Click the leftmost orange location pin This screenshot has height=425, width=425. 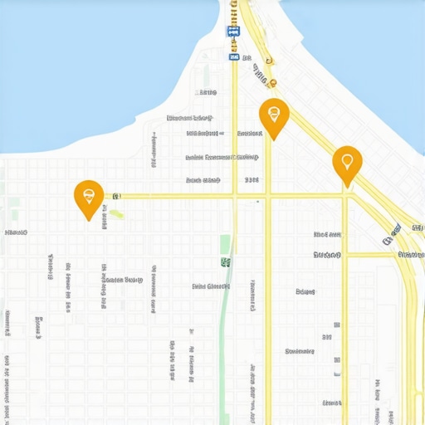89,197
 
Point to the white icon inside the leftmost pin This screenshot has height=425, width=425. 89,195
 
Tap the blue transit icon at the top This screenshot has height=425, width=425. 233,32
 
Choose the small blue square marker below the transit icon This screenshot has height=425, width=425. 235,58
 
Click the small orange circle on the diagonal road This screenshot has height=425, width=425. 271,81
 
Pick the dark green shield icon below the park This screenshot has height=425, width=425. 225,262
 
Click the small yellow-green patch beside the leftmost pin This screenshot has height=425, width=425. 118,214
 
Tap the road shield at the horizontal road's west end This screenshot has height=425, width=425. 116,196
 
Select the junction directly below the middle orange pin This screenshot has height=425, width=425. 268,197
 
